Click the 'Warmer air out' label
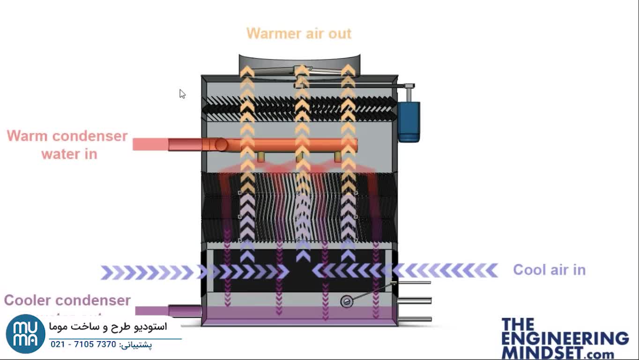(x=298, y=34)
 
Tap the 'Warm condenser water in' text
(x=67, y=144)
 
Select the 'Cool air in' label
(x=549, y=270)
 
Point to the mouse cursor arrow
(x=182, y=93)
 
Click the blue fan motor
(x=409, y=121)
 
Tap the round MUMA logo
(x=25, y=334)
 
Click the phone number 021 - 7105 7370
(x=83, y=345)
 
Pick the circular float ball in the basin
(x=346, y=301)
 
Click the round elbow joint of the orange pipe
(x=221, y=144)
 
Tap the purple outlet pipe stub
(x=184, y=310)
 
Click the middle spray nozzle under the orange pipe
(x=299, y=157)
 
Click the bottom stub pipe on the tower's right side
(x=415, y=319)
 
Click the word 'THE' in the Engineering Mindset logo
(x=518, y=324)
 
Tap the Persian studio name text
(x=108, y=327)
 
